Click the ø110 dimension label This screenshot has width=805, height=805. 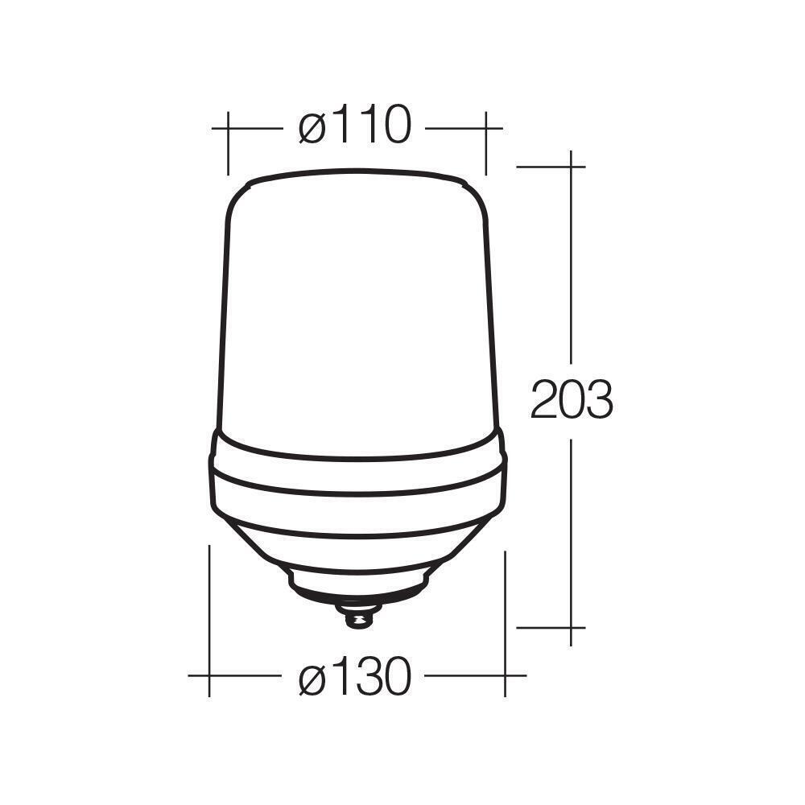coord(355,126)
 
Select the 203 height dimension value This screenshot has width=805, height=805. coord(572,399)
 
